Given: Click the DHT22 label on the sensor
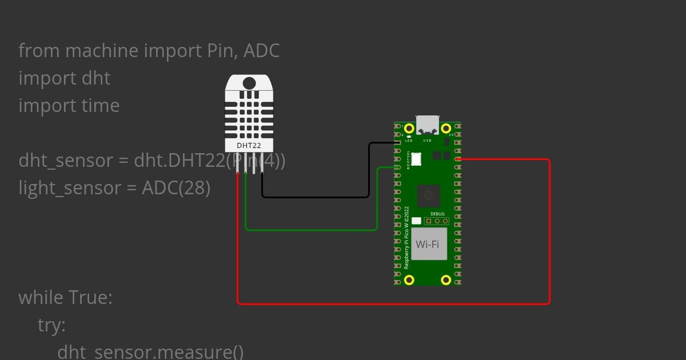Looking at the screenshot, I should click(x=249, y=146).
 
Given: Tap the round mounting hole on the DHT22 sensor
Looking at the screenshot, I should click(x=249, y=83).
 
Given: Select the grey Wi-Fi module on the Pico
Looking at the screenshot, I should click(x=428, y=244).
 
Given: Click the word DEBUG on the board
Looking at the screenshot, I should click(x=437, y=214).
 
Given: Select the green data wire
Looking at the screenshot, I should click(x=312, y=230).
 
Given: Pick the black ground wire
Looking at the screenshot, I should click(x=314, y=197).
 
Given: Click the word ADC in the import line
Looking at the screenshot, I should click(x=261, y=51).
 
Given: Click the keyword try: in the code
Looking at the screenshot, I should click(x=51, y=325).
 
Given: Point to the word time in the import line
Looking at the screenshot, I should click(x=101, y=106).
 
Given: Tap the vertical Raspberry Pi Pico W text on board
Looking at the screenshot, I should click(x=406, y=237).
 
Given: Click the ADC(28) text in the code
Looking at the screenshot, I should click(x=176, y=188).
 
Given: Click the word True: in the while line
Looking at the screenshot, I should click(x=90, y=298).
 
